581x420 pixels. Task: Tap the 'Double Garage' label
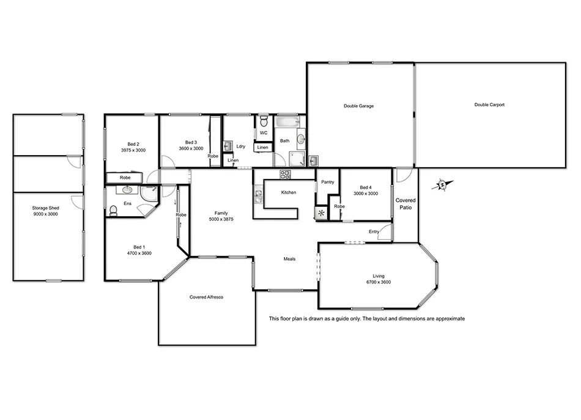[358, 106]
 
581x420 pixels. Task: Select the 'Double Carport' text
[489, 105]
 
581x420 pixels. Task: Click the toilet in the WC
[264, 121]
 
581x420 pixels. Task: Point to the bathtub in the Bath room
[285, 123]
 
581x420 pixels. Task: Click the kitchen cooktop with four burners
[286, 175]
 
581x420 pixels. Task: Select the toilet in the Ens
[114, 211]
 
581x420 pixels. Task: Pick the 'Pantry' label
[327, 182]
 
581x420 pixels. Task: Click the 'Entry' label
[374, 231]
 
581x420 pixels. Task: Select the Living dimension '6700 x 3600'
[379, 282]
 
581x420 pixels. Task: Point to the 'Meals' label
[289, 259]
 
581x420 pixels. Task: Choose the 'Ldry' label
[241, 146]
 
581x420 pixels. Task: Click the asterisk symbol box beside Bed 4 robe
[321, 213]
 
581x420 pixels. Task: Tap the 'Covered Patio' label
[405, 204]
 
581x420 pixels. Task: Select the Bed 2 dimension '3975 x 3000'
[133, 150]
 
